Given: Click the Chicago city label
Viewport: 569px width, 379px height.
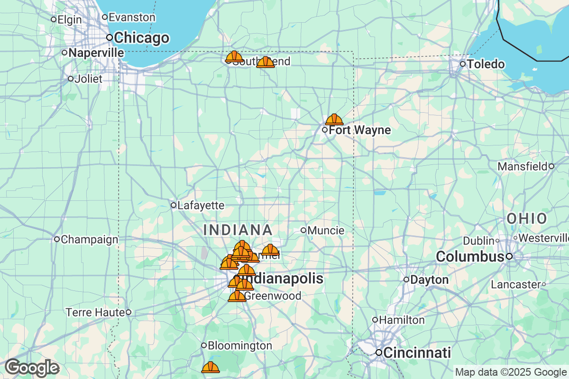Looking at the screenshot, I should point(141,37).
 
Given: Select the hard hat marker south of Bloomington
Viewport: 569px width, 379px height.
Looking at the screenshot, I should point(211,367).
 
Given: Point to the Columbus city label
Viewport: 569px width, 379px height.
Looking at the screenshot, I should point(469,257).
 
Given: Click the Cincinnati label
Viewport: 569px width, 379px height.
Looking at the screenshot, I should point(417,352).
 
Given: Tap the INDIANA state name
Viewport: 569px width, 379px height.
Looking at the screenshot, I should point(238,230).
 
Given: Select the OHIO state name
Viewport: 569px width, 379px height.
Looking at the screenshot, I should point(527,218).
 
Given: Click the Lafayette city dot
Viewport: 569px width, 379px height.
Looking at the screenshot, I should point(174,205).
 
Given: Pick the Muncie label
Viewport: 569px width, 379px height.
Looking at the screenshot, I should point(326,230).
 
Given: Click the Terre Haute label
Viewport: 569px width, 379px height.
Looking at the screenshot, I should point(95,312).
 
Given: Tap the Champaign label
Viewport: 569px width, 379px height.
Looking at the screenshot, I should point(89,239).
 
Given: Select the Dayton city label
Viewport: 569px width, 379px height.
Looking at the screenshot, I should point(429,280).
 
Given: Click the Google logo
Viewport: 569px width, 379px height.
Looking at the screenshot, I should point(32,368).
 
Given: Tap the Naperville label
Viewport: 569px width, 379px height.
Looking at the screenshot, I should point(96,53).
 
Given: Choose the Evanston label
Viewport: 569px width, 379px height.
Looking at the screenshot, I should point(131,17).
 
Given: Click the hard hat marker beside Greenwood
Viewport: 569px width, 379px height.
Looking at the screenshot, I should point(237,297).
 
